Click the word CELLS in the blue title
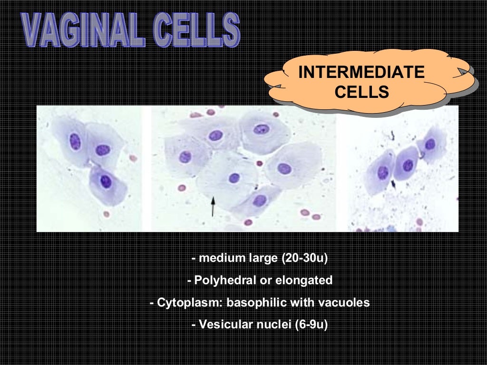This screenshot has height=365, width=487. click(198, 29)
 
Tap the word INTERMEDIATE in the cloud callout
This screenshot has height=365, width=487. click(361, 73)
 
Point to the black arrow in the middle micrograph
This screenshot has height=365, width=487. click(213, 206)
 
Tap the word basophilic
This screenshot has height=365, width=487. click(251, 303)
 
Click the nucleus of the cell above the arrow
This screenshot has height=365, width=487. click(234, 178)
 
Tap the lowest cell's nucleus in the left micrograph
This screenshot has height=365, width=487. click(106, 181)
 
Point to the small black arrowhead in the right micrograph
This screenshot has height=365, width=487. click(393, 182)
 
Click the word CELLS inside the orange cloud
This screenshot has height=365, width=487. click(361, 91)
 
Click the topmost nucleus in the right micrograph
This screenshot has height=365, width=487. click(430, 144)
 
